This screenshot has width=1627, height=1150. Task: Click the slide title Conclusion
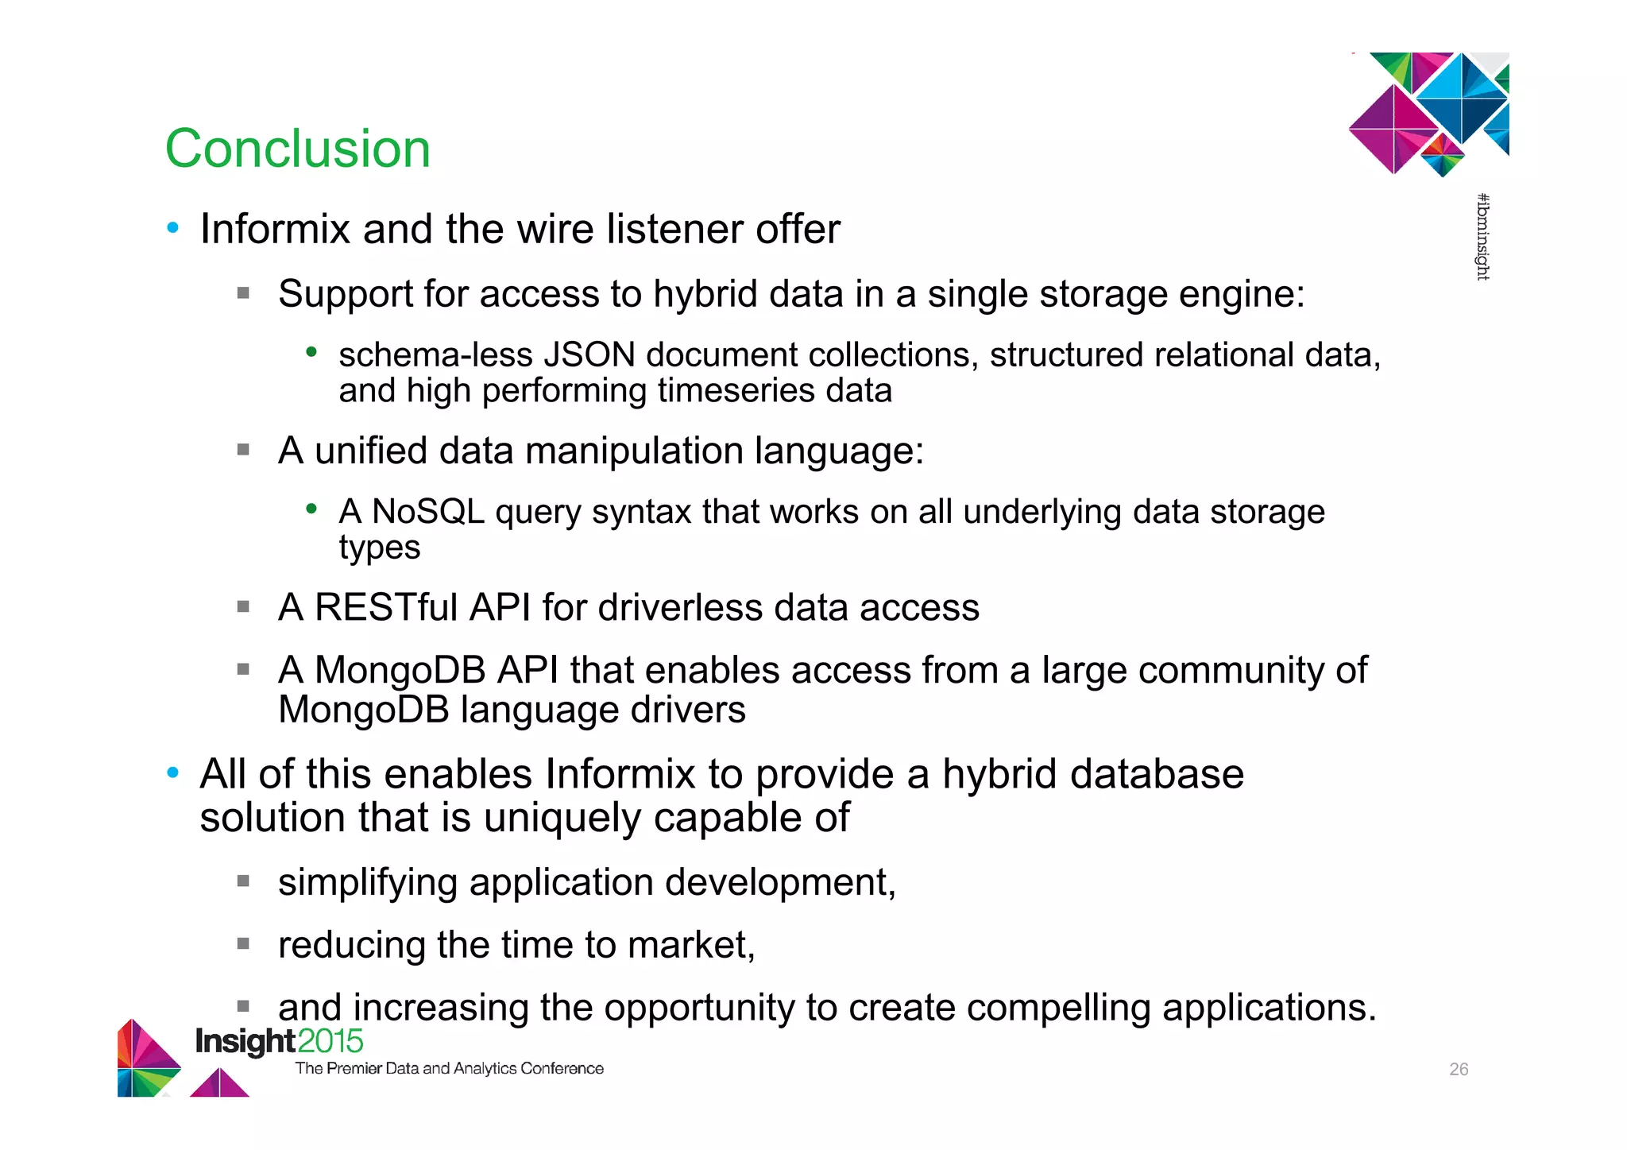[x=297, y=149]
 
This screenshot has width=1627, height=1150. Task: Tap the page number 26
[x=1459, y=1069]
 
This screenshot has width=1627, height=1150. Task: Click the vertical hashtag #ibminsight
[x=1482, y=237]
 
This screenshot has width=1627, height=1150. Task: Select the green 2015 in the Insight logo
[x=330, y=1041]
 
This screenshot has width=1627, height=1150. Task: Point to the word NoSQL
[x=427, y=512]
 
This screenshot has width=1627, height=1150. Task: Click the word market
[x=688, y=946]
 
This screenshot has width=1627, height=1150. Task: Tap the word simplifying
[x=367, y=883]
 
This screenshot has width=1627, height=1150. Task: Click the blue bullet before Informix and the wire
[x=173, y=229]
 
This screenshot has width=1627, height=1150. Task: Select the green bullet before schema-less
[x=312, y=351]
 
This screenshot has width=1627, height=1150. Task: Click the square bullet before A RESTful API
[x=243, y=607]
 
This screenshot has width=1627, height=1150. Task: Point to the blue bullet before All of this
[x=173, y=773]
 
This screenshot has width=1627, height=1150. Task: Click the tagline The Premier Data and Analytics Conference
[x=449, y=1069]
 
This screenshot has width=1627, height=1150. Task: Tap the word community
[x=1230, y=670]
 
